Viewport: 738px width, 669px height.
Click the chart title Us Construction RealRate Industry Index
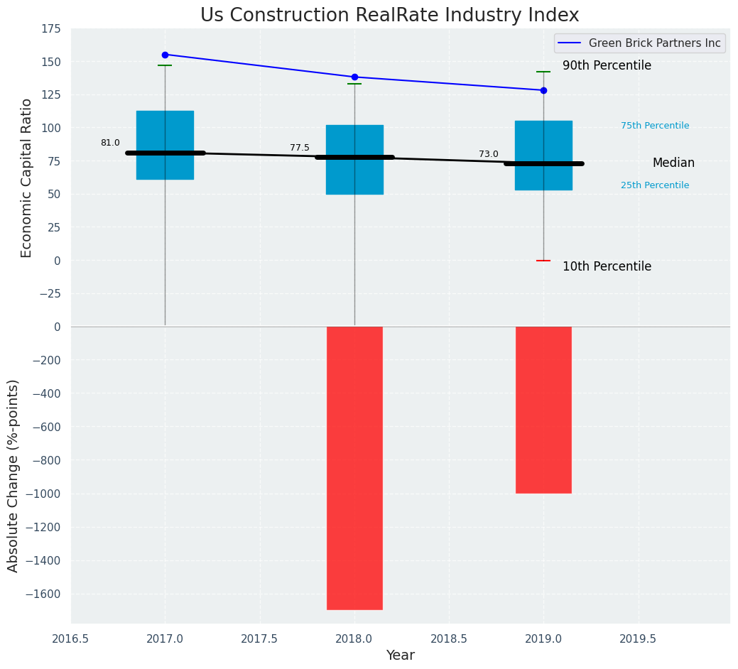tap(389, 16)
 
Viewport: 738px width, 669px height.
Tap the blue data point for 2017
tap(165, 55)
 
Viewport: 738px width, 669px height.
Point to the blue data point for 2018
tap(354, 77)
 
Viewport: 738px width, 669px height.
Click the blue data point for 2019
tap(543, 90)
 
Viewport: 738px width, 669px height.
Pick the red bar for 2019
tap(543, 410)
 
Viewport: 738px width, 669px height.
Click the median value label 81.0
tap(110, 143)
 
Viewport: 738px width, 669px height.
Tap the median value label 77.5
tap(300, 148)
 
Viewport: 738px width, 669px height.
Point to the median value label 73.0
tap(489, 154)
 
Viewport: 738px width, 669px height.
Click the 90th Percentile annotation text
tap(607, 65)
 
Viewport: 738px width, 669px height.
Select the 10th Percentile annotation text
tap(607, 266)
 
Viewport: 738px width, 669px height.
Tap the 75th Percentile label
tap(655, 126)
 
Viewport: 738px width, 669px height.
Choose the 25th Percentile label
tap(655, 185)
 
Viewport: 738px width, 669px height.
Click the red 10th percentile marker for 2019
tap(543, 261)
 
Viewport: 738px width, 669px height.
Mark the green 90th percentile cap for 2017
tap(165, 65)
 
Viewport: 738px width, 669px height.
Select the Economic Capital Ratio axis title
tap(26, 178)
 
